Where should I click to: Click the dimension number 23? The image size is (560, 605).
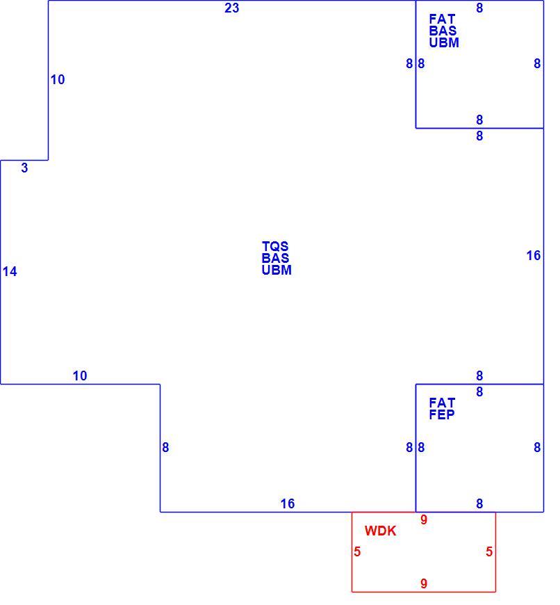tap(231, 8)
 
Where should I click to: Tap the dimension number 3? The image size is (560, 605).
tap(24, 168)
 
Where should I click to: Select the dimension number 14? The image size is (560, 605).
tap(10, 272)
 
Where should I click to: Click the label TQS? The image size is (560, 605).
tap(275, 246)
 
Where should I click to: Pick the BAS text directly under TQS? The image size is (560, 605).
tap(275, 258)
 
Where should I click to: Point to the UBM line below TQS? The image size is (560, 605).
tap(277, 270)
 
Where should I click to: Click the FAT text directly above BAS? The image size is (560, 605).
tap(442, 19)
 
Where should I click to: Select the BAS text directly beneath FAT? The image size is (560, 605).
tap(443, 31)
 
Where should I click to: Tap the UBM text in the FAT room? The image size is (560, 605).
tap(444, 42)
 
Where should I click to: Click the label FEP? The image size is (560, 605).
tap(442, 414)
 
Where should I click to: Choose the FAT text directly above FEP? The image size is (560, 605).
tap(442, 403)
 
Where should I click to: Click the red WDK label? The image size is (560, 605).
tap(380, 531)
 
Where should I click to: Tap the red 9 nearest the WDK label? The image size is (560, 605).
tap(424, 519)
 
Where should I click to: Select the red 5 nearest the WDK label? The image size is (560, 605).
tap(357, 551)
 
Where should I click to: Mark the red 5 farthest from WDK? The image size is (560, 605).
tap(489, 551)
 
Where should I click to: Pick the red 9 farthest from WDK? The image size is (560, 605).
tap(424, 583)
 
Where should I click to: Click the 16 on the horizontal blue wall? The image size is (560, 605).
tap(288, 503)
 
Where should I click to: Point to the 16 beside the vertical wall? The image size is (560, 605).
tap(534, 255)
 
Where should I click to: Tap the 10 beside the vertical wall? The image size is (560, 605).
tap(58, 79)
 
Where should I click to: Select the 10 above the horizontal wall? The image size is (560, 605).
tap(80, 376)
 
